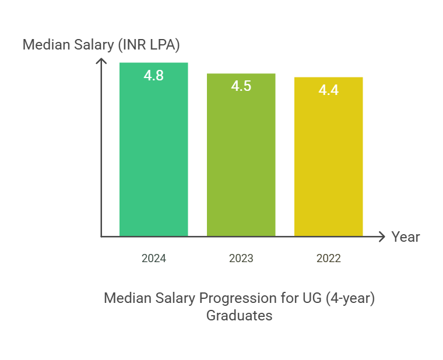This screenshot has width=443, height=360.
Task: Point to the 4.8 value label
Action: tap(153, 75)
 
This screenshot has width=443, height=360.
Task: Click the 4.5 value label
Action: tap(241, 86)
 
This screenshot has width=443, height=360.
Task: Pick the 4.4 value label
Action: tap(328, 90)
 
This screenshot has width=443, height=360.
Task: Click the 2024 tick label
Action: tap(153, 259)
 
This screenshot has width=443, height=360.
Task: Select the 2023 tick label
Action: tap(241, 259)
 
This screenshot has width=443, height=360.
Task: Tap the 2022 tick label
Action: tap(328, 259)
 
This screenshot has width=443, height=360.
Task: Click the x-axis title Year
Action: tap(405, 237)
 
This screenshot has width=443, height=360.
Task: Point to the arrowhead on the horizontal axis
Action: tap(382, 237)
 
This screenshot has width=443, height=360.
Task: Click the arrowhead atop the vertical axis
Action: tap(101, 61)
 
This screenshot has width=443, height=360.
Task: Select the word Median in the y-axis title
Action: tap(43, 44)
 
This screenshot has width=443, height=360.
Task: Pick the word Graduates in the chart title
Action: tap(239, 316)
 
